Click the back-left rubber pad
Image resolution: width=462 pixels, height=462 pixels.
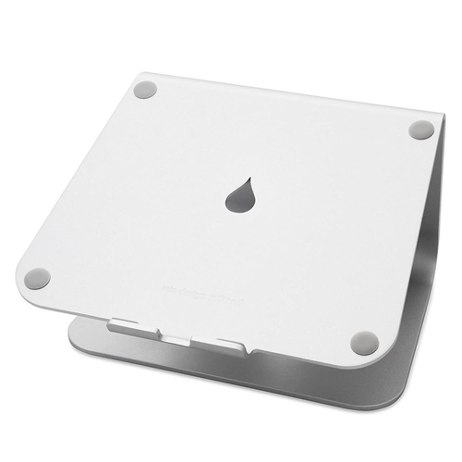pos(143,91)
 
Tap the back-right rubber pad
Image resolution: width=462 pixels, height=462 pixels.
pos(420,129)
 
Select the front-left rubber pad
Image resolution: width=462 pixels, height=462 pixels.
pos(38,277)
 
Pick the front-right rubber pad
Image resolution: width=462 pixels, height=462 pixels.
pos(364,341)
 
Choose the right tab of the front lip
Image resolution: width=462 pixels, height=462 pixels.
pos(234,345)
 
